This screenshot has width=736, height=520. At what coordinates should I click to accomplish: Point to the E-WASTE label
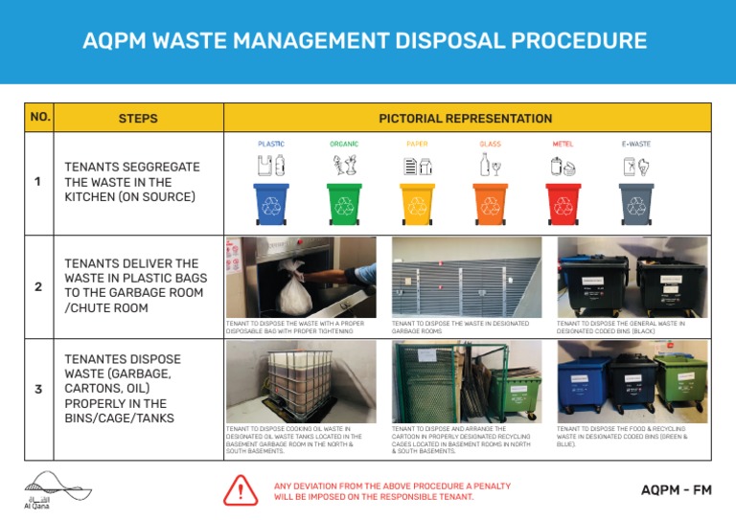click(x=636, y=145)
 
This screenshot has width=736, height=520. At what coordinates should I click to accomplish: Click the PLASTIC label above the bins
click(x=271, y=145)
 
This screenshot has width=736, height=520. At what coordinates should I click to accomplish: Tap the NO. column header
click(x=40, y=118)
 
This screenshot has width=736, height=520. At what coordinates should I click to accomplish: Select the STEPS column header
click(x=138, y=119)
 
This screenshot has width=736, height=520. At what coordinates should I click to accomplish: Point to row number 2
click(x=37, y=286)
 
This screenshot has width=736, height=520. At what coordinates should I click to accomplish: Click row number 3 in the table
click(x=37, y=389)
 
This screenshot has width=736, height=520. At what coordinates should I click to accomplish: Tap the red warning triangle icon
click(x=241, y=490)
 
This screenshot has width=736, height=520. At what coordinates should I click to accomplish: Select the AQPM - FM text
click(x=676, y=490)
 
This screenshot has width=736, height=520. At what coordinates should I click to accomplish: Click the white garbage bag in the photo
click(x=293, y=283)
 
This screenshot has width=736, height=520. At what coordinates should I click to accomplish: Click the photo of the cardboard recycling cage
click(x=466, y=381)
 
